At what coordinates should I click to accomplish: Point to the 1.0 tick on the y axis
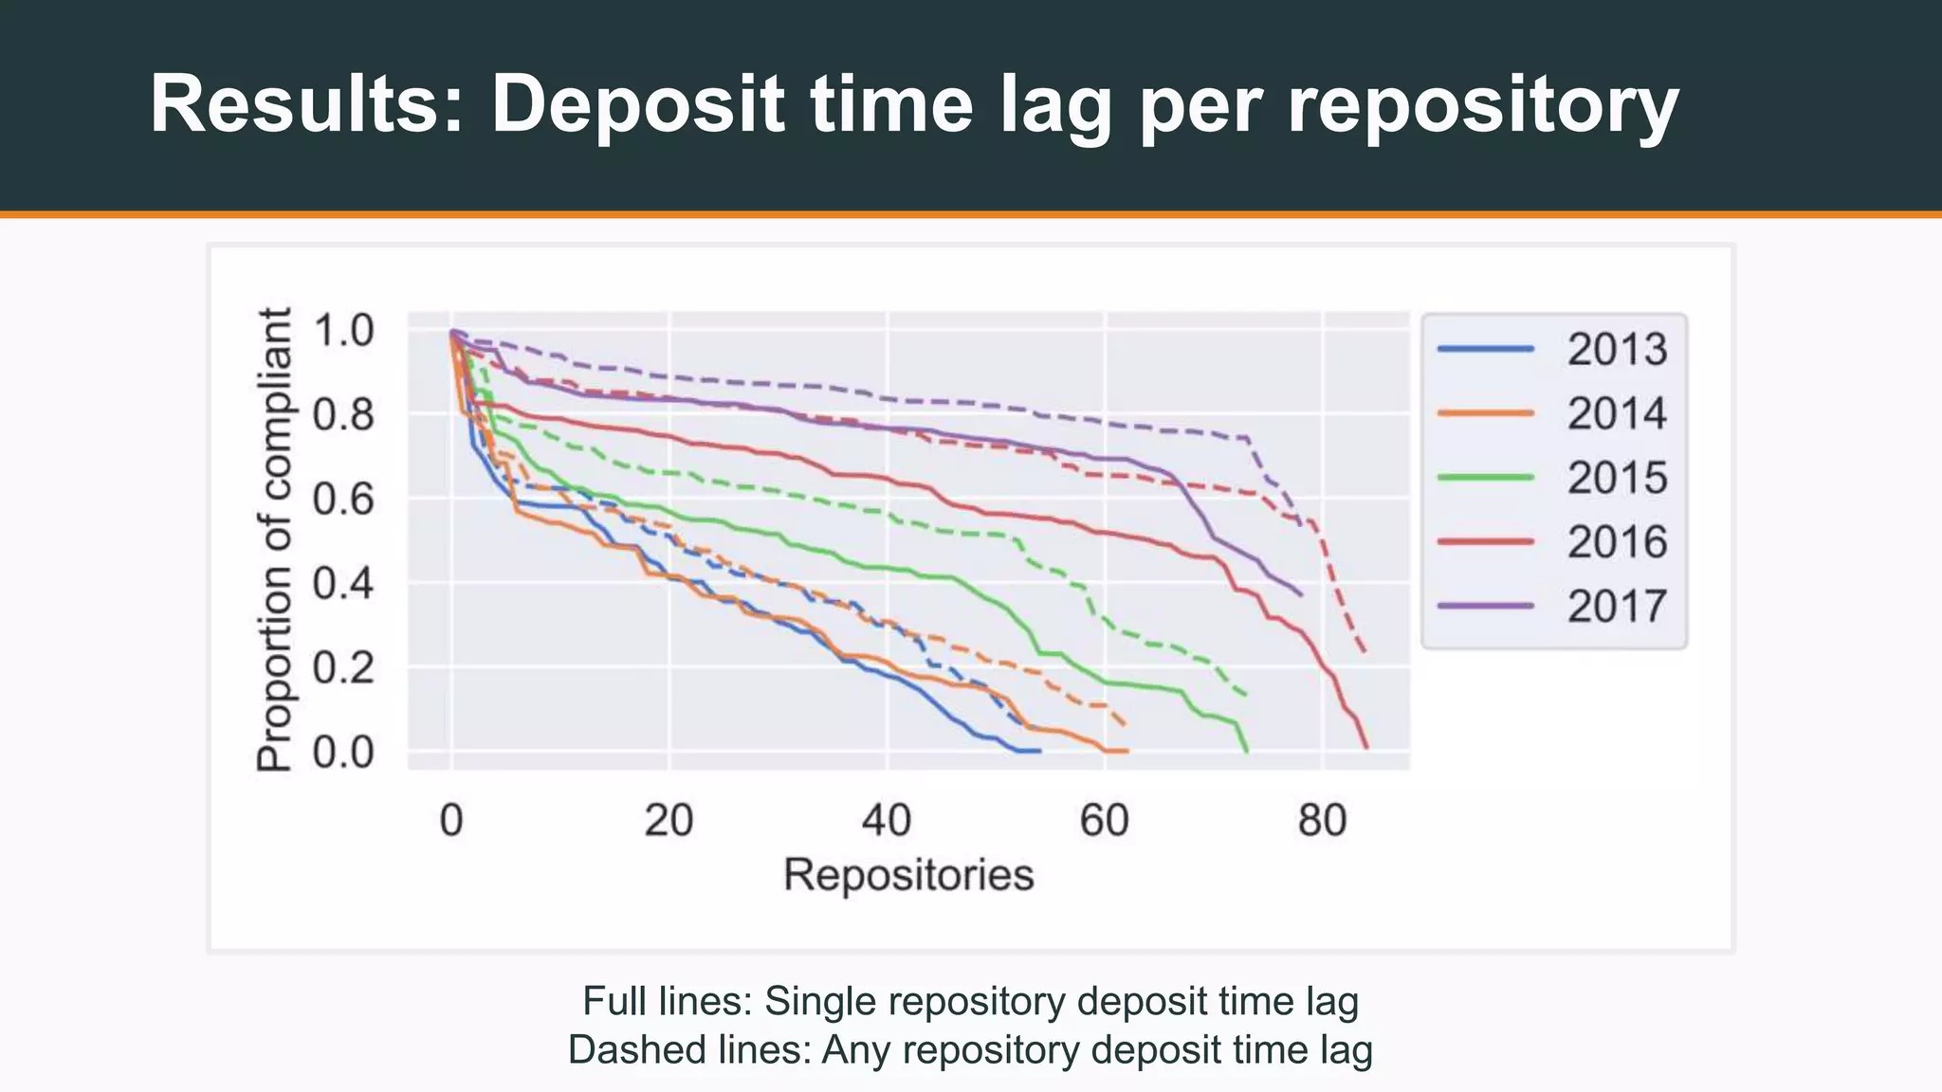343,331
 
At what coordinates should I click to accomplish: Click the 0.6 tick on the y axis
343,499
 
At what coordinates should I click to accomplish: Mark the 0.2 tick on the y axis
343,668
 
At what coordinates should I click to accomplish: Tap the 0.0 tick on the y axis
343,753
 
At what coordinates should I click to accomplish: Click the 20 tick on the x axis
669,820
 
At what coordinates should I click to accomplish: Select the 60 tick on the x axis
1104,820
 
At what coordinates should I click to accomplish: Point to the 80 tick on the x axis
1322,820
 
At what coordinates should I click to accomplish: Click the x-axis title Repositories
907,875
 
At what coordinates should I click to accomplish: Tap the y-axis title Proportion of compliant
275,540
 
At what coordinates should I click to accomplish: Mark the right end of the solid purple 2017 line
1301,595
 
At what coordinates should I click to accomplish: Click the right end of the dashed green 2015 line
1245,695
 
